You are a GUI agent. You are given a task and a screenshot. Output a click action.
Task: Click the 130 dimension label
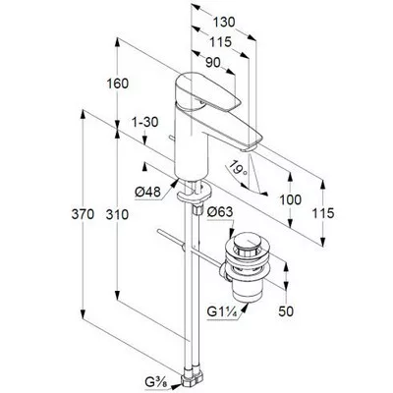point(224,23)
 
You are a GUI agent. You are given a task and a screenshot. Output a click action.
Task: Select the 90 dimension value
point(213,63)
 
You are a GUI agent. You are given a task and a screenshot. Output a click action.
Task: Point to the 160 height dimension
point(118,84)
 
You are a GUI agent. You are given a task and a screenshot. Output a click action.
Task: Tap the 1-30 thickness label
point(144,122)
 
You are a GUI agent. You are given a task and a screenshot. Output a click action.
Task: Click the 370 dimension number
point(83,214)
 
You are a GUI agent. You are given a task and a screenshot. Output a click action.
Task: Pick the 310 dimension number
point(117,214)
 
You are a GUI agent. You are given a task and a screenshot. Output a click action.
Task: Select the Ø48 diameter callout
point(148,192)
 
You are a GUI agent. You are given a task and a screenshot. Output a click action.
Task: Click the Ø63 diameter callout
point(220,212)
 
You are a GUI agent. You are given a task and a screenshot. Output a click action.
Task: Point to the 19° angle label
point(238,168)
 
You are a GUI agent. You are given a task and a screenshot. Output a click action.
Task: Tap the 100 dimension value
point(290,199)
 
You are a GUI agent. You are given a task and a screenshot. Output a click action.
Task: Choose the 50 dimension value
point(286,311)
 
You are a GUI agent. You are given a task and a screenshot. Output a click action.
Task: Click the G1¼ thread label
point(222,311)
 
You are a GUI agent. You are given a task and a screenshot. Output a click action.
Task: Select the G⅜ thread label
point(158,381)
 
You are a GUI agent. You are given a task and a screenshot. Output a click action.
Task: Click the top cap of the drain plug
point(248,243)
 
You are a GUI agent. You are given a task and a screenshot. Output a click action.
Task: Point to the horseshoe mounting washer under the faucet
point(194,194)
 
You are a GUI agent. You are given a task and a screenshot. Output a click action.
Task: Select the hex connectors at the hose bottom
point(193,379)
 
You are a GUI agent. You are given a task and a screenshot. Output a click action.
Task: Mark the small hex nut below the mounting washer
point(197,208)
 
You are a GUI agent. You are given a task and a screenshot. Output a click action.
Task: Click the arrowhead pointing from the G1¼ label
point(245,308)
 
